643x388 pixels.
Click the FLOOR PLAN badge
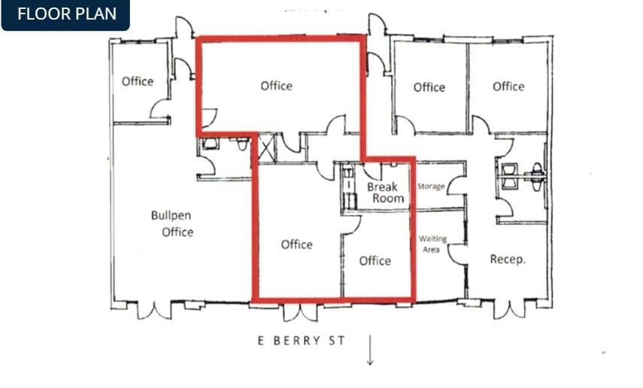[65, 14]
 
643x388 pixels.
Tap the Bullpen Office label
[172, 223]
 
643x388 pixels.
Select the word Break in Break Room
[382, 186]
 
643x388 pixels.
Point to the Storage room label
[431, 186]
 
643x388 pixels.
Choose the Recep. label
[508, 259]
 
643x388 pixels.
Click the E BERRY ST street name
[301, 341]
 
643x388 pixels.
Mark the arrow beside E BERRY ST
[370, 350]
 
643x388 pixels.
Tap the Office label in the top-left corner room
[138, 81]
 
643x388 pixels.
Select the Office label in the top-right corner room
[508, 86]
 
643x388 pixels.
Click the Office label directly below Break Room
[375, 261]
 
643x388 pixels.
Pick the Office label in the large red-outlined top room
[277, 86]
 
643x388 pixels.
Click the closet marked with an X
[265, 147]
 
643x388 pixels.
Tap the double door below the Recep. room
[508, 309]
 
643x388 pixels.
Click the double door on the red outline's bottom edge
[300, 311]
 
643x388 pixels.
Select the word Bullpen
[171, 215]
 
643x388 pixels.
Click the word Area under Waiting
[432, 249]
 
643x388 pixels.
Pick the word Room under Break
[388, 199]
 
